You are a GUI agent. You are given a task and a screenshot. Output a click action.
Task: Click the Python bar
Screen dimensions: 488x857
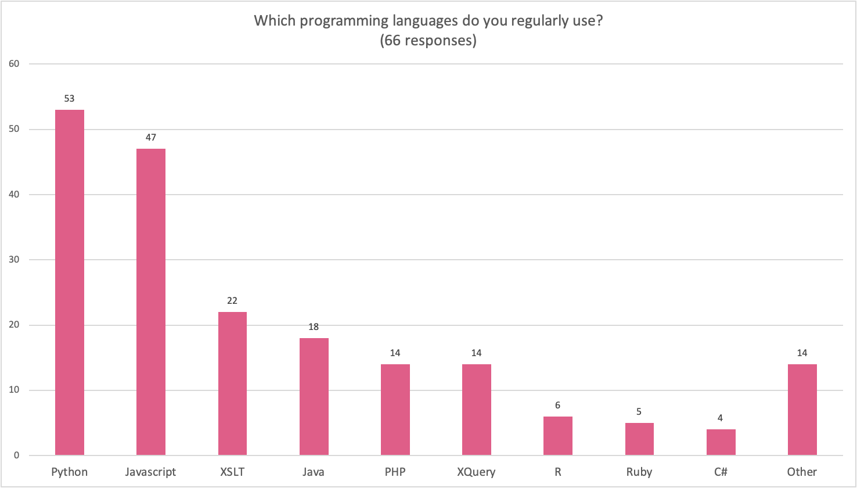[x=69, y=282]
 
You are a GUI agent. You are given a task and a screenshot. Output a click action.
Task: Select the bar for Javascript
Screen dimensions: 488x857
[x=151, y=302]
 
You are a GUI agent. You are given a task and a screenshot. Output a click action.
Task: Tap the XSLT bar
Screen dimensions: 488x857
[x=232, y=383]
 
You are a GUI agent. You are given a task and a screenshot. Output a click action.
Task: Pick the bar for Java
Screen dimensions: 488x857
[x=314, y=396]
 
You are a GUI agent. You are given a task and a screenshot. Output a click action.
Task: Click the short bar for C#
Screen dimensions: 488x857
[x=721, y=442]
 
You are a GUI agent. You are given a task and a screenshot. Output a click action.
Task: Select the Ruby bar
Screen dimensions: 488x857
[x=639, y=439]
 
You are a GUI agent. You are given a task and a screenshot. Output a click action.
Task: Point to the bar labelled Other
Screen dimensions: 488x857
[x=802, y=410]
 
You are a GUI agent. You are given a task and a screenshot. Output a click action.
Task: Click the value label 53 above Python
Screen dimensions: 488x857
[x=69, y=99]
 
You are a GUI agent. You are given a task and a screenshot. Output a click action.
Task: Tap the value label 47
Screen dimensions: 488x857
[x=151, y=138]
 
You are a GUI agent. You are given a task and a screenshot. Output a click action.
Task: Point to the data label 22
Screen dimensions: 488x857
[x=232, y=301]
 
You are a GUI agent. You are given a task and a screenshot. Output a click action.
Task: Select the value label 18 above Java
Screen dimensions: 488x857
[x=314, y=327]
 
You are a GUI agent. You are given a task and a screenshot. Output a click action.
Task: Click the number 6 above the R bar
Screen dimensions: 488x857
[x=557, y=406]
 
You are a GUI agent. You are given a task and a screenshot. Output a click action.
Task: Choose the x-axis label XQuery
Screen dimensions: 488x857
[x=476, y=472]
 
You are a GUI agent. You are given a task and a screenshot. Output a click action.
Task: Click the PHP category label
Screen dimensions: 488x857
[x=395, y=472]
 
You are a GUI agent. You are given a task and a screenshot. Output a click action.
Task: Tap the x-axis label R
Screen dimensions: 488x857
[x=557, y=472]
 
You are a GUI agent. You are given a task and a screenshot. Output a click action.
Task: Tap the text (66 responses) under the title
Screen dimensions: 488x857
[x=428, y=41]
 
